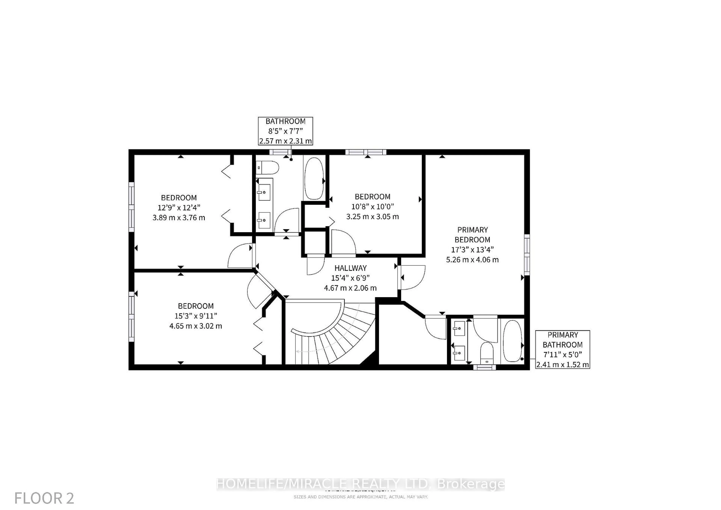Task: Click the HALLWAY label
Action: [x=350, y=268]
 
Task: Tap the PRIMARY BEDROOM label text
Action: [x=472, y=235]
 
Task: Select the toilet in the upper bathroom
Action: [x=267, y=168]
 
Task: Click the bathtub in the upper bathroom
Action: [x=314, y=178]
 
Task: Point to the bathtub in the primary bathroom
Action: [x=512, y=341]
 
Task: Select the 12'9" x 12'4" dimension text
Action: [x=179, y=207]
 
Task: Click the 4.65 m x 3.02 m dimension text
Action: [x=196, y=326]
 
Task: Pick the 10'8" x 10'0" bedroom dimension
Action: [x=373, y=207]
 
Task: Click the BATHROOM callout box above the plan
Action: [x=285, y=131]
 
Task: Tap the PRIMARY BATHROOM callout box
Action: [x=562, y=349]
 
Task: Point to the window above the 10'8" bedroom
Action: [x=366, y=152]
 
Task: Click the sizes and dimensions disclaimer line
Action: [x=360, y=497]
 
